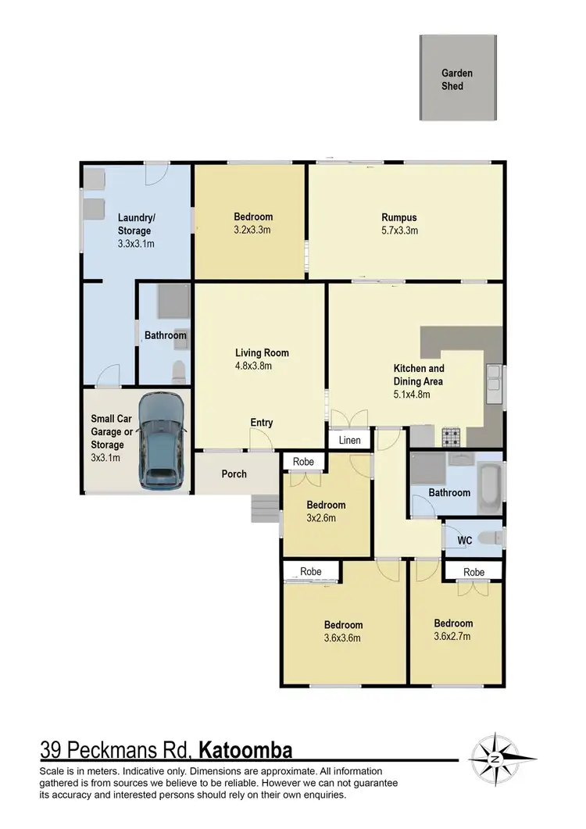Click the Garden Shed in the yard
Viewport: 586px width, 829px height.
pyautogui.click(x=457, y=78)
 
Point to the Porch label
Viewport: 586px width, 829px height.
pyautogui.click(x=234, y=473)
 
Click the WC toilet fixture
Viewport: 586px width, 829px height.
pyautogui.click(x=491, y=538)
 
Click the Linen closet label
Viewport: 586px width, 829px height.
pyautogui.click(x=349, y=441)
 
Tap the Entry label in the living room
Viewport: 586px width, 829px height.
pyautogui.click(x=262, y=423)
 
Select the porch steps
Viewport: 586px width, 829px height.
pyautogui.click(x=265, y=509)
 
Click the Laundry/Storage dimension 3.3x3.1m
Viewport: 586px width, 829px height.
pyautogui.click(x=134, y=243)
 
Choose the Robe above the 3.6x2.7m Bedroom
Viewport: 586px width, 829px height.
pyautogui.click(x=473, y=572)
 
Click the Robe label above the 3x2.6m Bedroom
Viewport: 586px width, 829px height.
pyautogui.click(x=303, y=462)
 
